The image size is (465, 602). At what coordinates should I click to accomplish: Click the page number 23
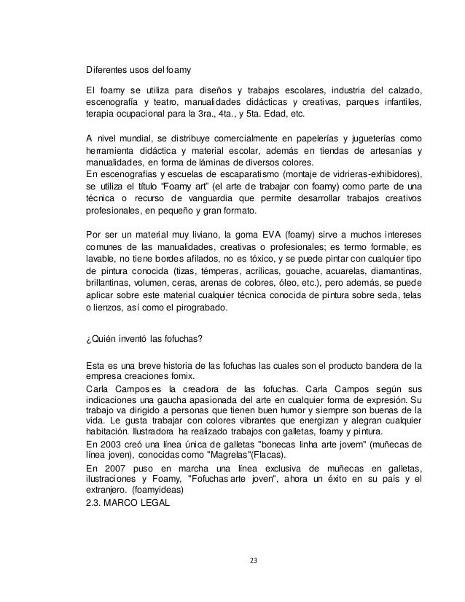click(x=253, y=560)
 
